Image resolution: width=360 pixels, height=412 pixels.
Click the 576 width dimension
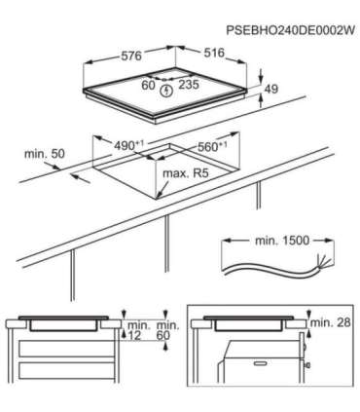[x=129, y=56]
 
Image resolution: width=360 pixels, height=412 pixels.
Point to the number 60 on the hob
[x=148, y=86]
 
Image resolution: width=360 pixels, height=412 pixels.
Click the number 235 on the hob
[x=191, y=86]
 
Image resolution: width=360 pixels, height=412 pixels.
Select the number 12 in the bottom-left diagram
[x=133, y=336]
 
